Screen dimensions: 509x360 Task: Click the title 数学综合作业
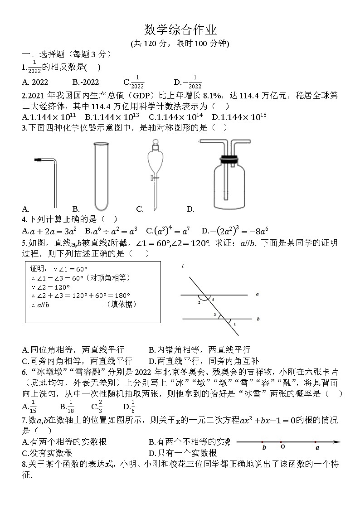(x=180, y=30)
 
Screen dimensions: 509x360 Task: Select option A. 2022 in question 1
(x=35, y=82)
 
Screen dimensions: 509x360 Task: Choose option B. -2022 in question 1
(x=85, y=82)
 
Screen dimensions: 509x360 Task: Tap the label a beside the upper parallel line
(x=257, y=294)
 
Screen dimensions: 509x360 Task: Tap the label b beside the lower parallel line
(x=258, y=319)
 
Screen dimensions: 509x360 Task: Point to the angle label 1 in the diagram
(x=234, y=324)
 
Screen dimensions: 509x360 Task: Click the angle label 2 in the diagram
(x=199, y=302)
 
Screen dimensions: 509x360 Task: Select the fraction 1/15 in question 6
(x=33, y=407)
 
